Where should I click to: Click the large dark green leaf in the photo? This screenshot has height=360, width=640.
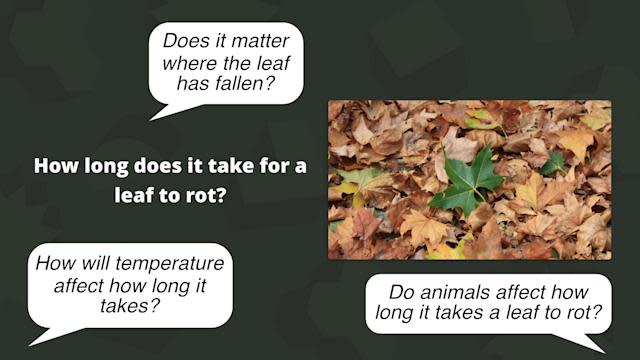[467, 180]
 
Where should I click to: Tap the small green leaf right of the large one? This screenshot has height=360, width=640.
[553, 161]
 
